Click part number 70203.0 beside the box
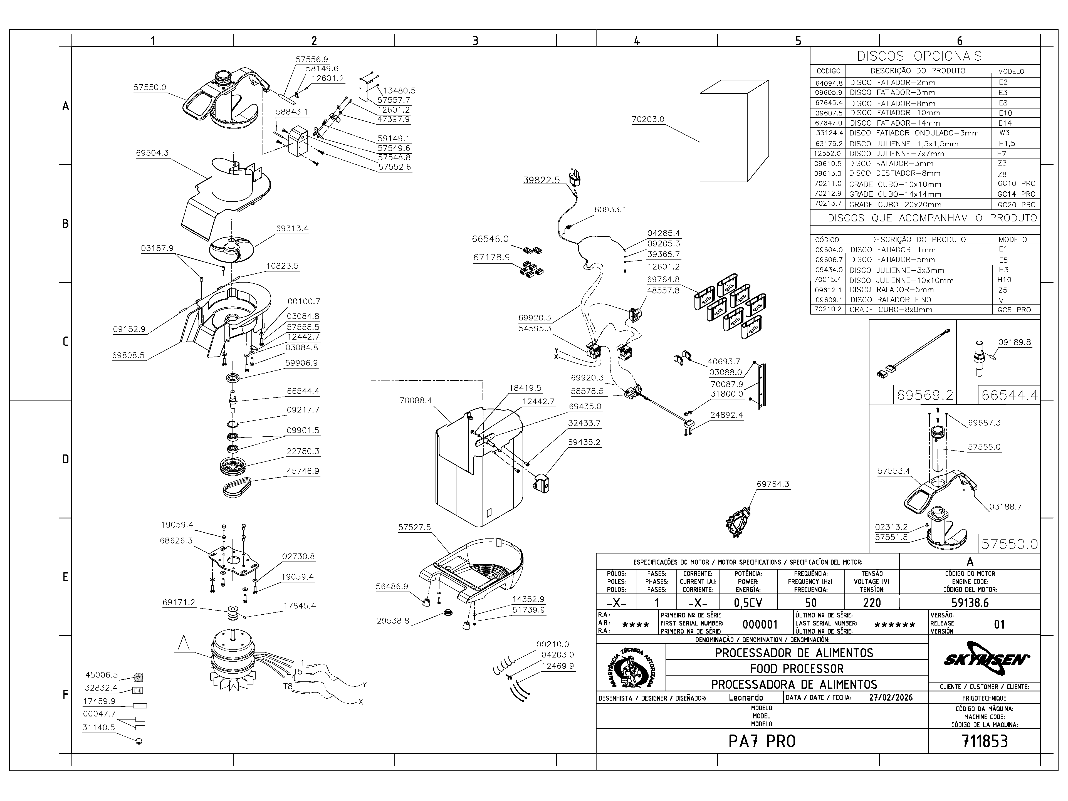click(x=648, y=119)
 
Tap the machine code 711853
click(x=985, y=741)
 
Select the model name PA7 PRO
click(x=762, y=741)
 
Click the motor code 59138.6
click(x=970, y=603)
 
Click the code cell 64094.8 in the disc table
click(x=829, y=83)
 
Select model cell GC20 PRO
click(x=1016, y=204)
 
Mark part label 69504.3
click(x=152, y=153)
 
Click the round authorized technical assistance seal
click(x=632, y=669)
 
